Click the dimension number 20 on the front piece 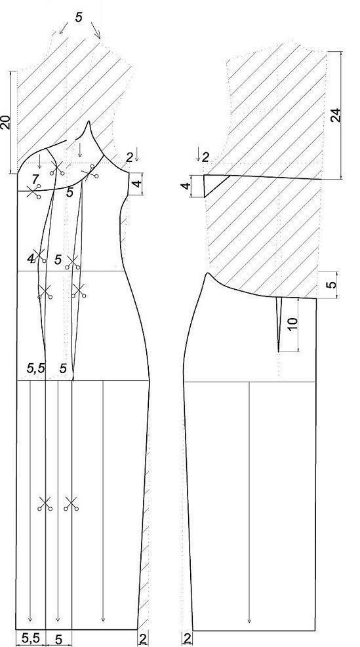click(5, 122)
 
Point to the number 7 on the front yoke click(35, 179)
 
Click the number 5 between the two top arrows click(79, 17)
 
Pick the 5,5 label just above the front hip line click(36, 368)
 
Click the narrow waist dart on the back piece click(279, 324)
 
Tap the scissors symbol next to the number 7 click(34, 192)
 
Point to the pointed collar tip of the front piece click(89, 122)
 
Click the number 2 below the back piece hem click(187, 638)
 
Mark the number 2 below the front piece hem click(143, 638)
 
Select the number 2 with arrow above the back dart click(202, 154)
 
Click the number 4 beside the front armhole click(138, 182)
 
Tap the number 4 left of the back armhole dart click(187, 186)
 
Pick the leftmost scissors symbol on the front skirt click(45, 504)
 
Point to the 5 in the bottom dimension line click(58, 639)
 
